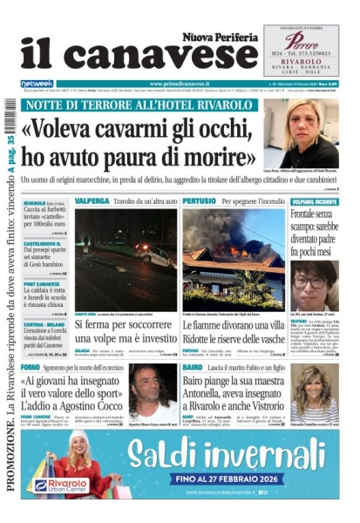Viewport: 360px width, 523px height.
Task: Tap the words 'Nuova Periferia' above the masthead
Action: tap(221, 36)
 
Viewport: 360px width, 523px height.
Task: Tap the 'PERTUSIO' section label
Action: tap(200, 200)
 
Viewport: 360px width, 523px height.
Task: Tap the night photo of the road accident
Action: tap(125, 259)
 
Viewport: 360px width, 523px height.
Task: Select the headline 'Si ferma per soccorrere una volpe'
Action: tap(125, 333)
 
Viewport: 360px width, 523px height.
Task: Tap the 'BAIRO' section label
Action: tap(194, 369)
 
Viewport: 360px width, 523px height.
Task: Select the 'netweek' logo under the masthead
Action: tap(37, 84)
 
